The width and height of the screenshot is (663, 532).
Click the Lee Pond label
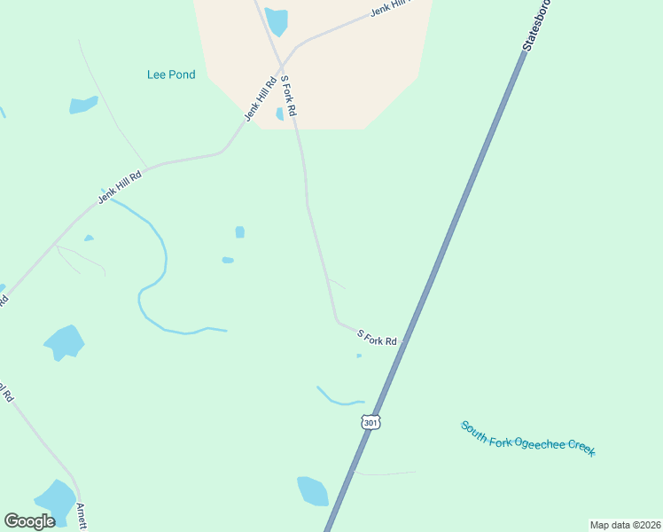pyautogui.click(x=171, y=75)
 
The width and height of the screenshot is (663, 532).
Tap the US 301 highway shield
pyautogui.click(x=370, y=422)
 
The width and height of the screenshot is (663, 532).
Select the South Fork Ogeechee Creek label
pyautogui.click(x=527, y=439)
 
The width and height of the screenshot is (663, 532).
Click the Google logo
pyautogui.click(x=30, y=520)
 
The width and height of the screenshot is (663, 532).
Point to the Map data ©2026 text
pyautogui.click(x=626, y=525)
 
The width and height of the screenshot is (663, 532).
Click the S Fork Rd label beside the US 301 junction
pyautogui.click(x=378, y=337)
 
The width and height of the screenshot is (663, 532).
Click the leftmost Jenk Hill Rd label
pyautogui.click(x=120, y=187)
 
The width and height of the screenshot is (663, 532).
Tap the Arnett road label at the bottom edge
pyautogui.click(x=81, y=517)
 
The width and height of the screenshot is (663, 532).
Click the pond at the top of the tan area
pyautogui.click(x=277, y=20)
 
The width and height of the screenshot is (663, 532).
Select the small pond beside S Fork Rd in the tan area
pyautogui.click(x=280, y=113)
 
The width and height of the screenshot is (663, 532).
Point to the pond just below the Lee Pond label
pyautogui.click(x=83, y=105)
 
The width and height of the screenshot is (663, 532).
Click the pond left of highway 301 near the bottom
pyautogui.click(x=312, y=490)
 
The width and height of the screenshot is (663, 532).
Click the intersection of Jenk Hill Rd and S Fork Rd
pyautogui.click(x=282, y=66)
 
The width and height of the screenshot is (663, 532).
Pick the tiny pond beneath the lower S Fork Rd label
pyautogui.click(x=359, y=356)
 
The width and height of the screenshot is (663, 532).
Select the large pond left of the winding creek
pyautogui.click(x=64, y=341)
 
